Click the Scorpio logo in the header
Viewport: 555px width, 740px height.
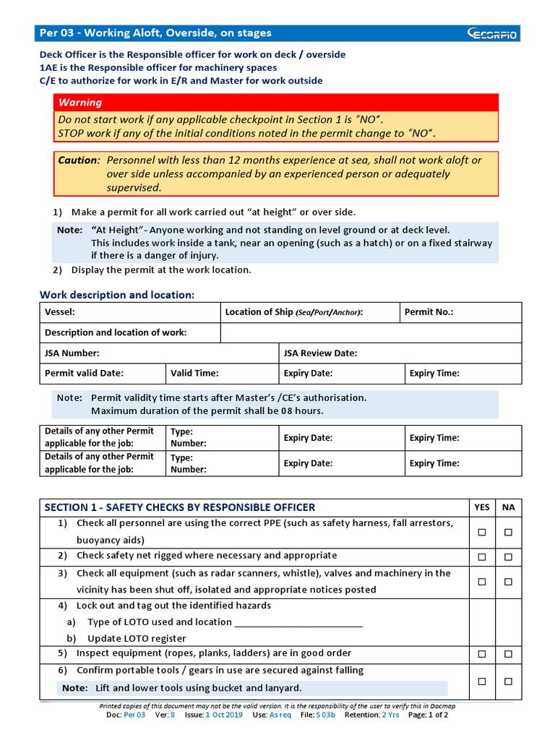[492, 33]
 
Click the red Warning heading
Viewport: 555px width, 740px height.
[80, 103]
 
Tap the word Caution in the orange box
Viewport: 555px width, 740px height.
[77, 160]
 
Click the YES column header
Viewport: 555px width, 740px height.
[481, 507]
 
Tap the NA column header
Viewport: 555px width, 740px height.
[509, 507]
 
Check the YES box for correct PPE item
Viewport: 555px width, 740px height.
[481, 532]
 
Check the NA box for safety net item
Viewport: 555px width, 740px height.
[509, 556]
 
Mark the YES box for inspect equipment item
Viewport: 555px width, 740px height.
[481, 654]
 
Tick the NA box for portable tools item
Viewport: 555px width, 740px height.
[509, 681]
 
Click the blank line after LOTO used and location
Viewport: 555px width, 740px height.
[299, 623]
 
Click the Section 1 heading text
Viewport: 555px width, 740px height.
[180, 507]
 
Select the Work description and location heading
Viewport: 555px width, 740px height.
[117, 295]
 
